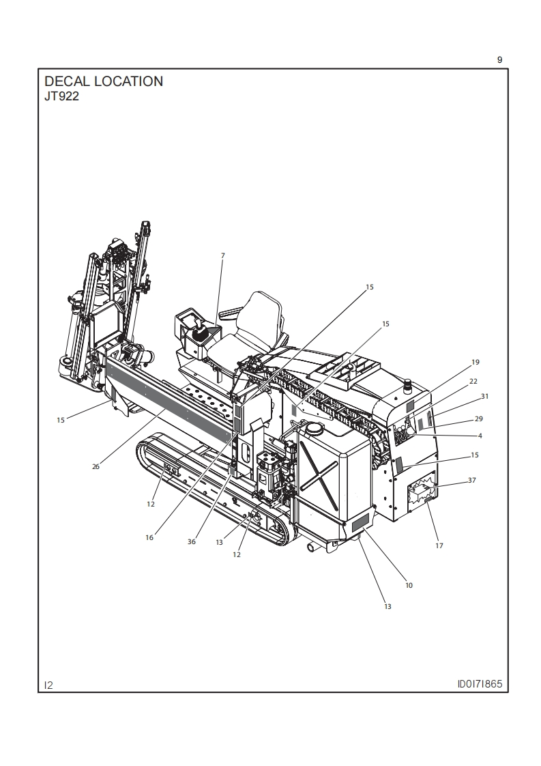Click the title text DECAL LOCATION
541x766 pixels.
[x=104, y=81]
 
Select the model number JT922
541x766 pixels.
[x=61, y=97]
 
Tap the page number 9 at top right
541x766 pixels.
[x=499, y=59]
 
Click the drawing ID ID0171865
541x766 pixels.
[x=483, y=684]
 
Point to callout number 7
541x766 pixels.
[x=222, y=255]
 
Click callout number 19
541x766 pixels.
[x=476, y=362]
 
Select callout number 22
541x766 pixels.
[x=473, y=381]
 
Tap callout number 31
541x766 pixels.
[x=484, y=396]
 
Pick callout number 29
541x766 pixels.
[x=478, y=419]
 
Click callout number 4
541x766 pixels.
[x=480, y=435]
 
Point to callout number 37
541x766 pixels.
[x=472, y=480]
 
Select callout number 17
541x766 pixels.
[x=439, y=545]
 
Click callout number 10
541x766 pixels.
[x=409, y=585]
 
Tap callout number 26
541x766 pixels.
[x=96, y=467]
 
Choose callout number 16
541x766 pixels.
[x=149, y=537]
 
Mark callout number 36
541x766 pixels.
[x=192, y=541]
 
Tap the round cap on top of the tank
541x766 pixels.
[x=314, y=428]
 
